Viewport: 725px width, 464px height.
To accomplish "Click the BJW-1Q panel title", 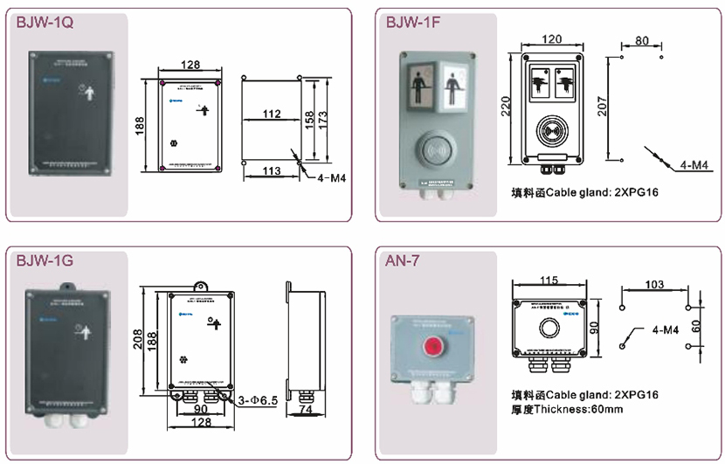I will (x=44, y=24).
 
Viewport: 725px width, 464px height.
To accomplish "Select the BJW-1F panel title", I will (x=412, y=24).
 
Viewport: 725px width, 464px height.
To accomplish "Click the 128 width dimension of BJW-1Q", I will (x=190, y=64).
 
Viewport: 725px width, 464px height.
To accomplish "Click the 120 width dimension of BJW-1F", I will (x=549, y=40).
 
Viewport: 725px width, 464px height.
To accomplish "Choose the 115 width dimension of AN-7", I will (x=548, y=280).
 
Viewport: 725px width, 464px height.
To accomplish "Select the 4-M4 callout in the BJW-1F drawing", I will (x=694, y=165).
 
